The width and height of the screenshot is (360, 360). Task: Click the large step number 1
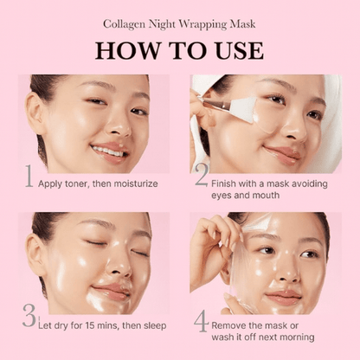[x=29, y=177]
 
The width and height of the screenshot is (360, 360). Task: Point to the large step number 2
[x=201, y=177]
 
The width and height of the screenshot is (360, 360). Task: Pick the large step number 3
[x=29, y=317]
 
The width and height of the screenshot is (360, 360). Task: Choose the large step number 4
[x=201, y=320]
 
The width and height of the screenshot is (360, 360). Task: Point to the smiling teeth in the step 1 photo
[x=106, y=151]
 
